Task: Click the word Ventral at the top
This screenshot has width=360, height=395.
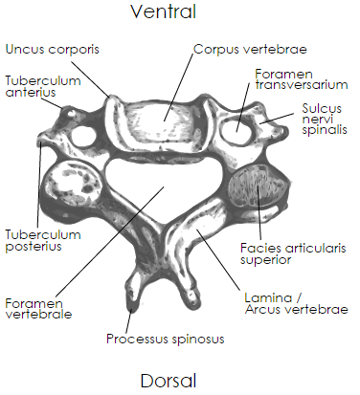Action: (180, 12)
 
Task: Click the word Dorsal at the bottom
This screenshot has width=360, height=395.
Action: (180, 380)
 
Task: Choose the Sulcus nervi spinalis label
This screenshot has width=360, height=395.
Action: (325, 120)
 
